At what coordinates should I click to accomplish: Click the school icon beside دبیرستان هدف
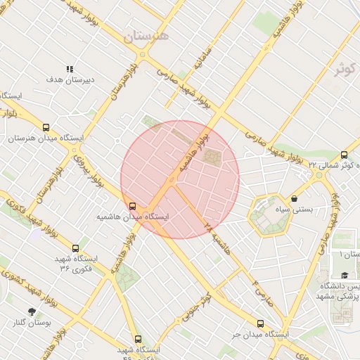70,69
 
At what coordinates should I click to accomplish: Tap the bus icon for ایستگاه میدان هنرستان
46,128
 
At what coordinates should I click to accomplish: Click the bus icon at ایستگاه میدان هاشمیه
133,206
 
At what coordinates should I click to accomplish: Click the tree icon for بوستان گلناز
32,311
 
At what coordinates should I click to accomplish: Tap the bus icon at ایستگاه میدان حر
261,323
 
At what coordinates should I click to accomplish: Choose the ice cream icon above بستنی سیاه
293,198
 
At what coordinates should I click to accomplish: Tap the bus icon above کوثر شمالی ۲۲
345,155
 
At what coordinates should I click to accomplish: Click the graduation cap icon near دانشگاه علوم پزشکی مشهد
345,276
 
